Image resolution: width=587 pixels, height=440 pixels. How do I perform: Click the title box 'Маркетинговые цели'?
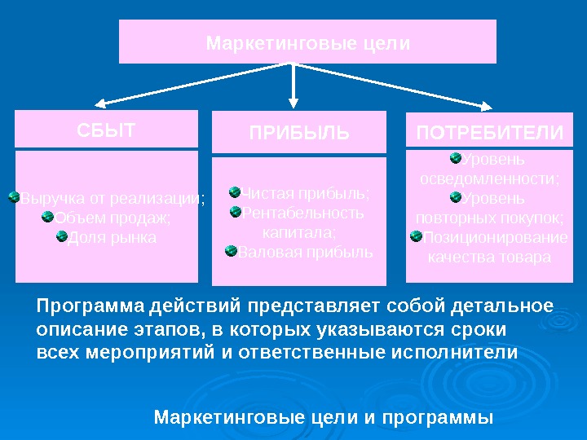point(307,42)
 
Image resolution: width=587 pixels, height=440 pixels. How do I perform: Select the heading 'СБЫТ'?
point(106,130)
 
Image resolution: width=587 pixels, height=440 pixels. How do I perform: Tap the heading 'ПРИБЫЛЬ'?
point(299,133)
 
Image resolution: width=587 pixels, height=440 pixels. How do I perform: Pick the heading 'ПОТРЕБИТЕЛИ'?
point(490,132)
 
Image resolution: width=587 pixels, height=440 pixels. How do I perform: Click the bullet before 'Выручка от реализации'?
point(14,197)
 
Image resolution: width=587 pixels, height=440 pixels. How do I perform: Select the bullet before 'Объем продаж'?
point(48,217)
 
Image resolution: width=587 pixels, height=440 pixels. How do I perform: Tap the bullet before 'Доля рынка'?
point(62,236)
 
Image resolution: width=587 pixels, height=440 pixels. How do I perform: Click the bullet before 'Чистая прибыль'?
point(235,192)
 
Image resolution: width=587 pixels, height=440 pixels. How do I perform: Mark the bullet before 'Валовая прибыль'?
point(231,250)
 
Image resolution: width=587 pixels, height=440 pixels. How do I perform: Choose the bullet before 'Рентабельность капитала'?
point(236,212)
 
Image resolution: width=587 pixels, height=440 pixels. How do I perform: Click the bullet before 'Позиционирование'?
point(417,236)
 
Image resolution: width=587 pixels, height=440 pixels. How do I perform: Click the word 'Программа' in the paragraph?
point(90,306)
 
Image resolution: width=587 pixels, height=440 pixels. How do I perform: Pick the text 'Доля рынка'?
point(112,238)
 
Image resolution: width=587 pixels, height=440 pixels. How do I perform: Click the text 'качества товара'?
point(489,257)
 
